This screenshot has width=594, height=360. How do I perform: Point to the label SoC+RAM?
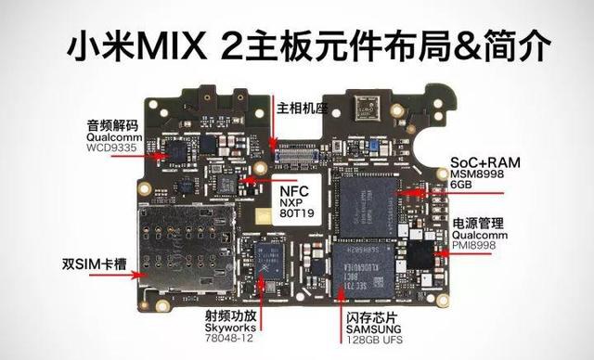485,161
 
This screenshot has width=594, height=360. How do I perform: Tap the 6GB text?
464,186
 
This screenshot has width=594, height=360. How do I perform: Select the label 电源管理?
479,224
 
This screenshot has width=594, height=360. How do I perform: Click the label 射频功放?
227,315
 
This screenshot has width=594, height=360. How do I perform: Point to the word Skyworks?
228,328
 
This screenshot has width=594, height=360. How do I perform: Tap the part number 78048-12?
228,341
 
